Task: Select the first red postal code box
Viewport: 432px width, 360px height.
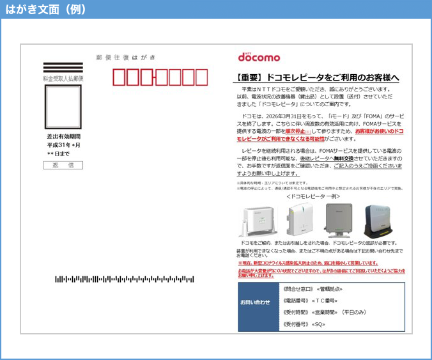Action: [119, 77]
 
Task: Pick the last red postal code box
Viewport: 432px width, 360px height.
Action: [201, 77]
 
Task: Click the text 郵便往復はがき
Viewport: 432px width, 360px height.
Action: [125, 58]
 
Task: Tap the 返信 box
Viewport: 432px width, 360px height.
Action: [63, 165]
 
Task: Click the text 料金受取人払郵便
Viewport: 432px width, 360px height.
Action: [63, 78]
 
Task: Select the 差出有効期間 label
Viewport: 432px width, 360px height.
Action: [63, 136]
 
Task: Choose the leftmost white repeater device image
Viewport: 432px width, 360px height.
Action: [258, 221]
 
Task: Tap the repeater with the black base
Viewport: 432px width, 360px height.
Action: [380, 221]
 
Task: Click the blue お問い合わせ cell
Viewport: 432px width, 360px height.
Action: [254, 302]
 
